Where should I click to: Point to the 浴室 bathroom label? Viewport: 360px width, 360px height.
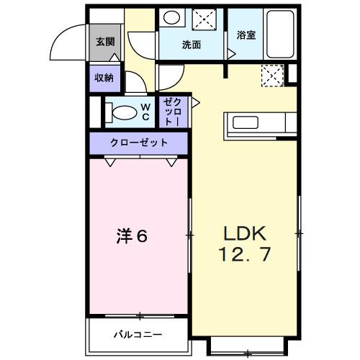(246, 35)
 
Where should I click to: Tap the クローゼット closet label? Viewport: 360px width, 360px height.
(139, 143)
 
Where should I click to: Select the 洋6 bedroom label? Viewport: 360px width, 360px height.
(132, 235)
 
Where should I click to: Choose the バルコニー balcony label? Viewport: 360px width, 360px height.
(137, 334)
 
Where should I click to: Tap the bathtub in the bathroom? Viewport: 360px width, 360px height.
(278, 35)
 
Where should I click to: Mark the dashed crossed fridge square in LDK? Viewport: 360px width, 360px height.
(271, 73)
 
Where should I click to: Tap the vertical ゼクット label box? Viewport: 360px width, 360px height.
(173, 112)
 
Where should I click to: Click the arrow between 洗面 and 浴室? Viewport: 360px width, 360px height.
(230, 53)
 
